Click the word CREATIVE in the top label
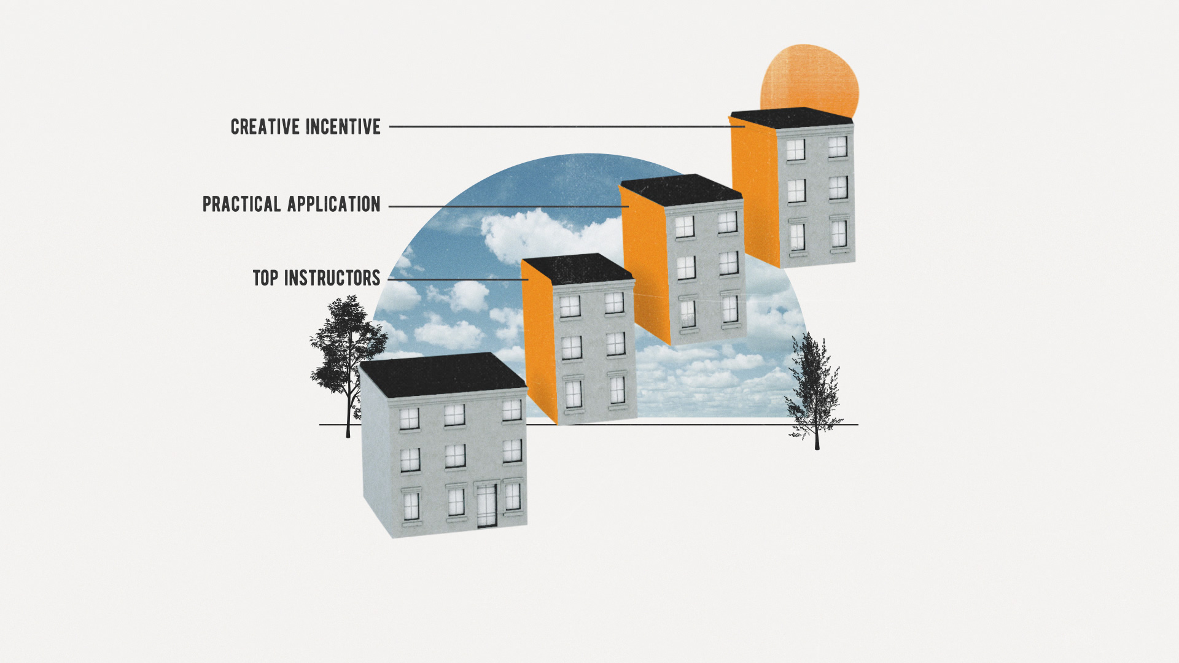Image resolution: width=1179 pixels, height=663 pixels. [x=266, y=127]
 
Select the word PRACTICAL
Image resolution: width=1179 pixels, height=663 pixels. [x=242, y=204]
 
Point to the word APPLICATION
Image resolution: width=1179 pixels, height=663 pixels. [x=334, y=204]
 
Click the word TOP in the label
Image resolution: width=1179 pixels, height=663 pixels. [x=265, y=278]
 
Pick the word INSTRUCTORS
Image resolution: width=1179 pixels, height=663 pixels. [x=332, y=278]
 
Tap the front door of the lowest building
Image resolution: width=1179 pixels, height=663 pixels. [x=486, y=505]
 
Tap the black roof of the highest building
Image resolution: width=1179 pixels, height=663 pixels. [x=792, y=117]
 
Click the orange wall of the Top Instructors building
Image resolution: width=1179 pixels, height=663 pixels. [x=539, y=344]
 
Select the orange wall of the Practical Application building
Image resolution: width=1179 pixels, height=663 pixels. [x=645, y=264]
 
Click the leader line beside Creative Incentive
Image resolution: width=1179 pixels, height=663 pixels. [x=565, y=126]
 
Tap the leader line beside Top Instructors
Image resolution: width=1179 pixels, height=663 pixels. [x=457, y=279]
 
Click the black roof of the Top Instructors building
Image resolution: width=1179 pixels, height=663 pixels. [x=577, y=268]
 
